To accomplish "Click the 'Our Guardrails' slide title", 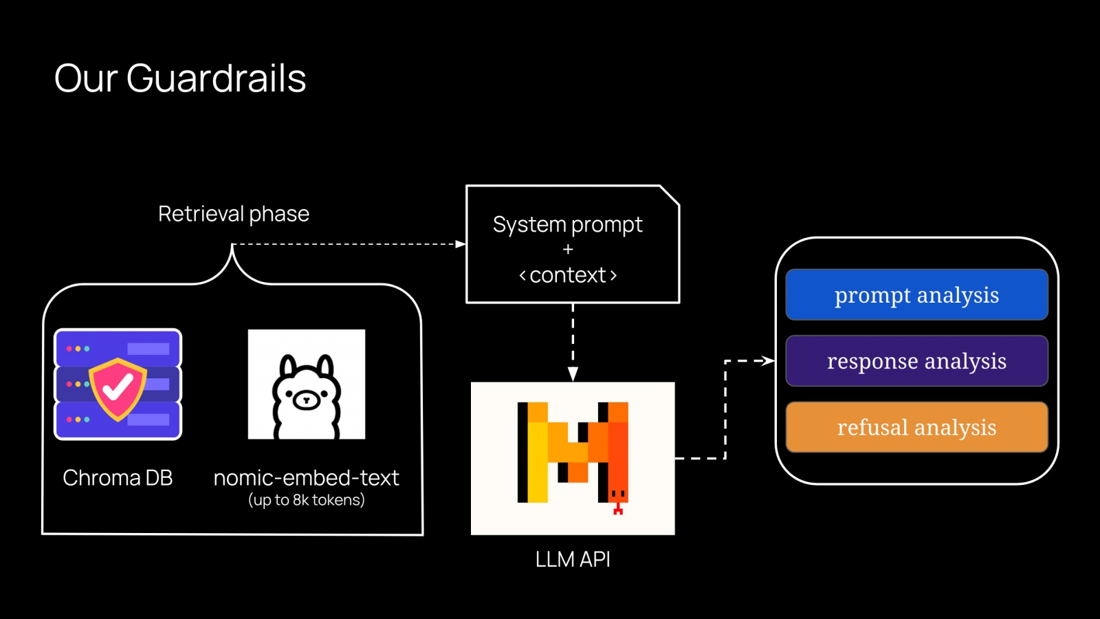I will [180, 78].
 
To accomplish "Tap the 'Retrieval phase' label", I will [234, 214].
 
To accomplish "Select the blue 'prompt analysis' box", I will [916, 295].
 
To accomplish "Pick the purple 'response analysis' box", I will [916, 361].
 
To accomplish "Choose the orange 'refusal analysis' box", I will [916, 427].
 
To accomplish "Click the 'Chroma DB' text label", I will [118, 477].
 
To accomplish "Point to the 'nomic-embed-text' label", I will [306, 477].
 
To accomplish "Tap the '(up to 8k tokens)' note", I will [306, 500].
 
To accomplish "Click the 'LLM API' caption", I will [573, 559].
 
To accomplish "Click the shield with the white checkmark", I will [118, 389].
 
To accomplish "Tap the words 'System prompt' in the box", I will [568, 225].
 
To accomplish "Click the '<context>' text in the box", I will [568, 275].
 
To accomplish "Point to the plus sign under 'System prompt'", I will [568, 250].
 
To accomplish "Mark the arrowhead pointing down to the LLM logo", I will [573, 373].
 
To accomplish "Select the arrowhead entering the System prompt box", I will [460, 244].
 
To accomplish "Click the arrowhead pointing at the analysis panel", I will [768, 360].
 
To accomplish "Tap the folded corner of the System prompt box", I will [670, 195].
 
